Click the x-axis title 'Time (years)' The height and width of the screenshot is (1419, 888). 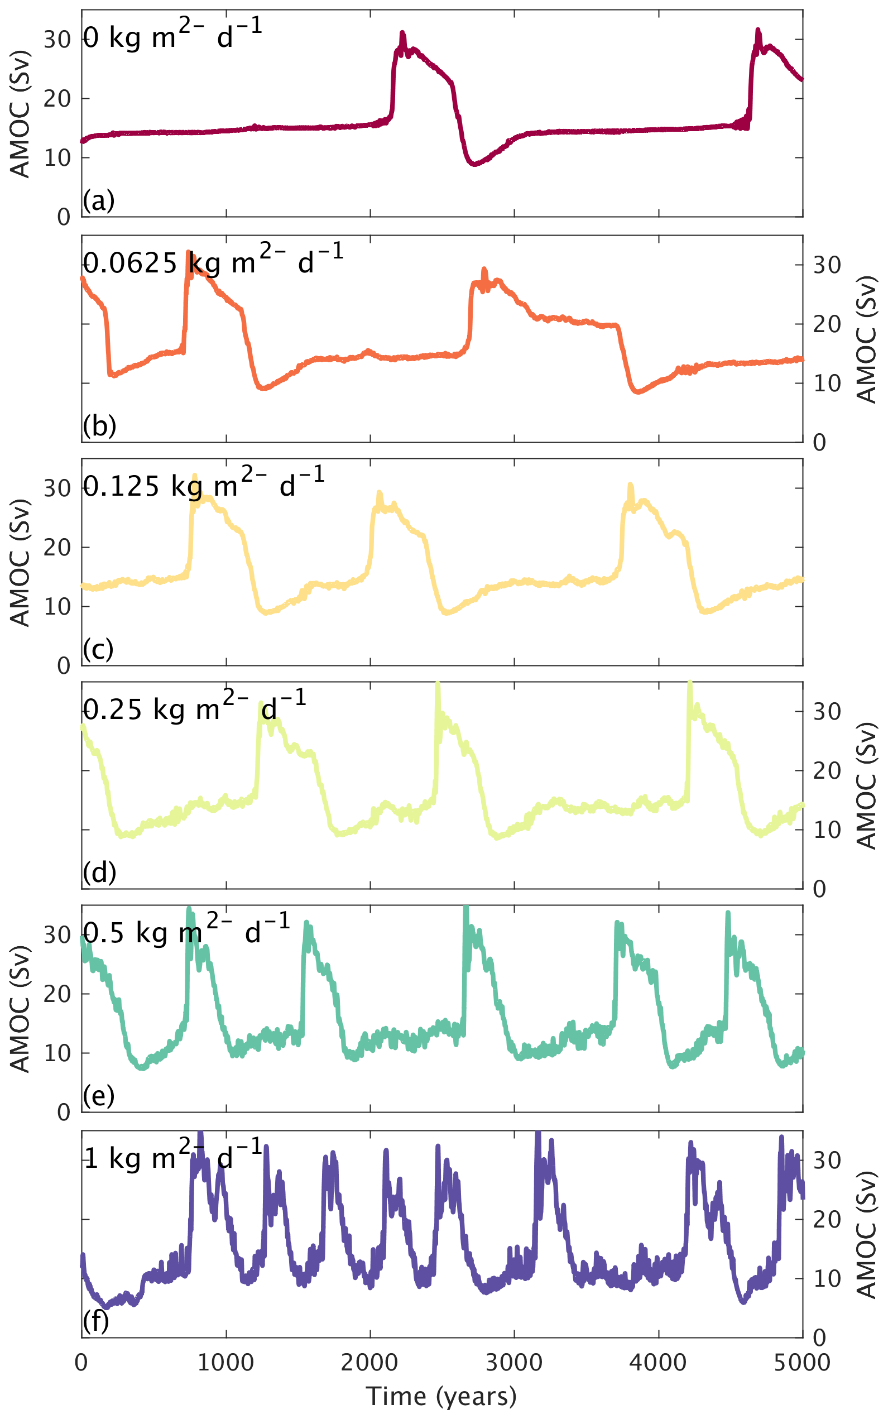tap(441, 1396)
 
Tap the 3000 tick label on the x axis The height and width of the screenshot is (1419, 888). tap(514, 1363)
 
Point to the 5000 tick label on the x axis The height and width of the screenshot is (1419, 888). tap(802, 1363)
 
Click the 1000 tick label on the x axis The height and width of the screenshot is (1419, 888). tap(225, 1363)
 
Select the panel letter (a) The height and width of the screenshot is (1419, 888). tap(98, 201)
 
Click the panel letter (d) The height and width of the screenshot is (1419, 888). tap(99, 873)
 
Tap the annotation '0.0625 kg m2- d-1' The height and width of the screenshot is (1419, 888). tap(213, 261)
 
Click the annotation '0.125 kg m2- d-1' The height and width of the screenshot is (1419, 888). tap(203, 485)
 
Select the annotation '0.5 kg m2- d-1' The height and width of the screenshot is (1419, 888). tap(186, 932)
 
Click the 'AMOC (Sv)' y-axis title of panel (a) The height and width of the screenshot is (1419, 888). tap(20, 114)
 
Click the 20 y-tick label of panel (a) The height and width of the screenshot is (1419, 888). tap(57, 99)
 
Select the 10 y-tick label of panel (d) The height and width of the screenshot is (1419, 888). tap(827, 830)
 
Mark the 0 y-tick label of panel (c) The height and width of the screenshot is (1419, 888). tap(64, 666)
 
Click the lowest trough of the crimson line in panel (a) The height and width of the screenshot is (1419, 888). tap(474, 164)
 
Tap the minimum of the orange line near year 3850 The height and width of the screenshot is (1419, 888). tap(638, 392)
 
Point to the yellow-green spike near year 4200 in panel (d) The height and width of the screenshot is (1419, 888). tap(690, 684)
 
